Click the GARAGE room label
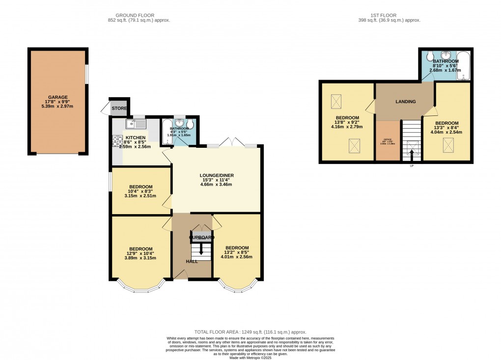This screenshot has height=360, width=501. (57, 97)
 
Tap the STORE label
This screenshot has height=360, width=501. (119, 108)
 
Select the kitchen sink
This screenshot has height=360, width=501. (132, 123)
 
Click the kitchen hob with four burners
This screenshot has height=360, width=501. (118, 141)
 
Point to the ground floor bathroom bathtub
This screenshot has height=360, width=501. (166, 132)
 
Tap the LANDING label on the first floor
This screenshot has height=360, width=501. (406, 102)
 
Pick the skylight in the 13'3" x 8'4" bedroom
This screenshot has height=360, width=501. (448, 144)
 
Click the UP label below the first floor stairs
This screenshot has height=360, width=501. (412, 166)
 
